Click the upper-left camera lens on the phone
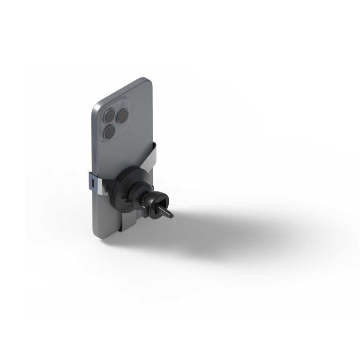click(x=111, y=114)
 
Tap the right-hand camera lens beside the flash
click(x=124, y=115)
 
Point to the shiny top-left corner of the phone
click(x=97, y=106)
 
